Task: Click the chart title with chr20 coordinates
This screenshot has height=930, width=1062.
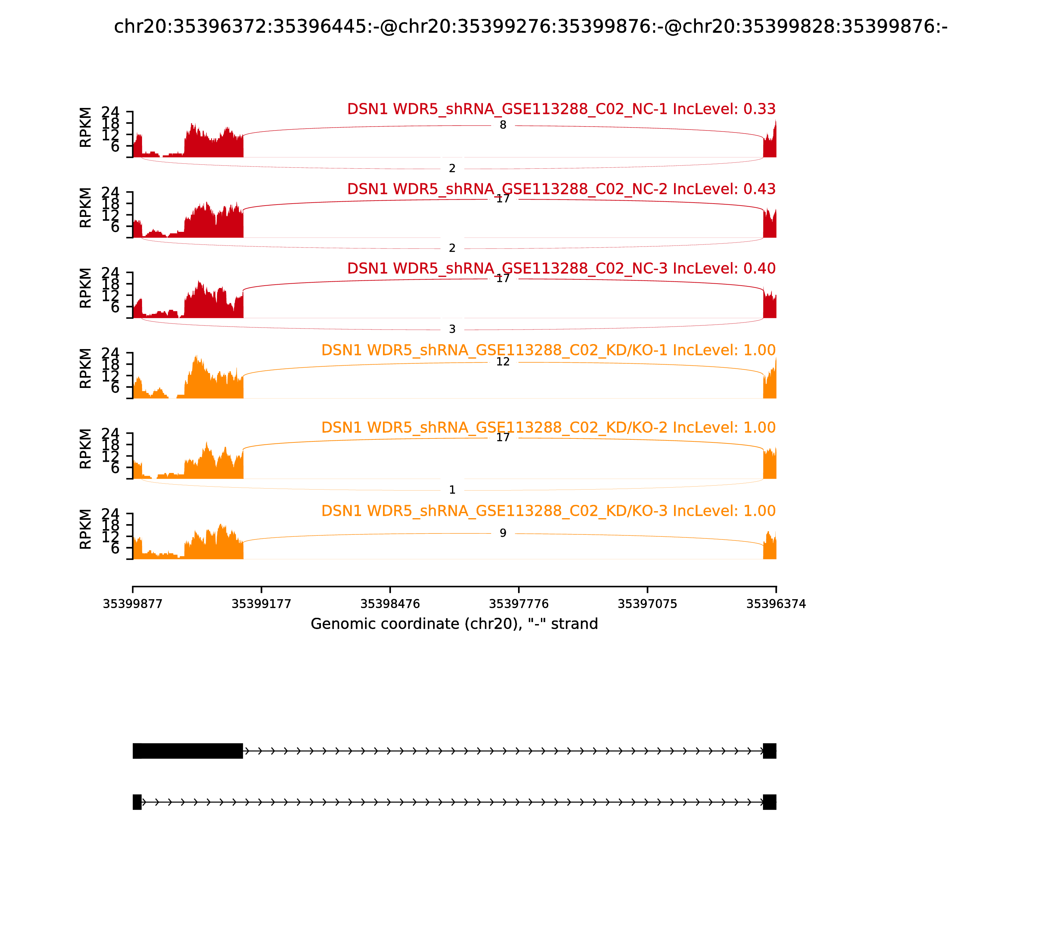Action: pyautogui.click(x=530, y=27)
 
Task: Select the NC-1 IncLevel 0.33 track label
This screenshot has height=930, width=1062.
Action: pyautogui.click(x=561, y=110)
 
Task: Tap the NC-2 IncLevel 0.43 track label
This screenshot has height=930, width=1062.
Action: pyautogui.click(x=561, y=189)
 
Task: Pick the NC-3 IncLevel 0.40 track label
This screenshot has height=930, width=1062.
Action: pyautogui.click(x=561, y=269)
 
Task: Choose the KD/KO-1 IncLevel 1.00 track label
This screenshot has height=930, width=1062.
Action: pyautogui.click(x=548, y=350)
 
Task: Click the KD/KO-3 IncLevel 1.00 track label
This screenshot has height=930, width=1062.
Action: pyautogui.click(x=548, y=511)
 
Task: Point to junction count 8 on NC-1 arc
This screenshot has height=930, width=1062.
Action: pyautogui.click(x=502, y=125)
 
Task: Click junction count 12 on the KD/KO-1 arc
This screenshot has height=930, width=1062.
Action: pyautogui.click(x=502, y=362)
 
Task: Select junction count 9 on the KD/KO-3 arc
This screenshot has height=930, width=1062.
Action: pyautogui.click(x=502, y=533)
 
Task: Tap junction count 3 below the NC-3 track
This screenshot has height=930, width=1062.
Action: pyautogui.click(x=452, y=329)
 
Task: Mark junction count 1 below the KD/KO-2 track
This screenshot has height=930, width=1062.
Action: pyautogui.click(x=452, y=490)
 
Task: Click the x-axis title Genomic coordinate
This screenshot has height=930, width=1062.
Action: pyautogui.click(x=454, y=624)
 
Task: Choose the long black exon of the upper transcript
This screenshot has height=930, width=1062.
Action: pyautogui.click(x=188, y=751)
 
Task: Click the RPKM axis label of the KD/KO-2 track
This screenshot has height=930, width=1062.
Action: pyautogui.click(x=86, y=449)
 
